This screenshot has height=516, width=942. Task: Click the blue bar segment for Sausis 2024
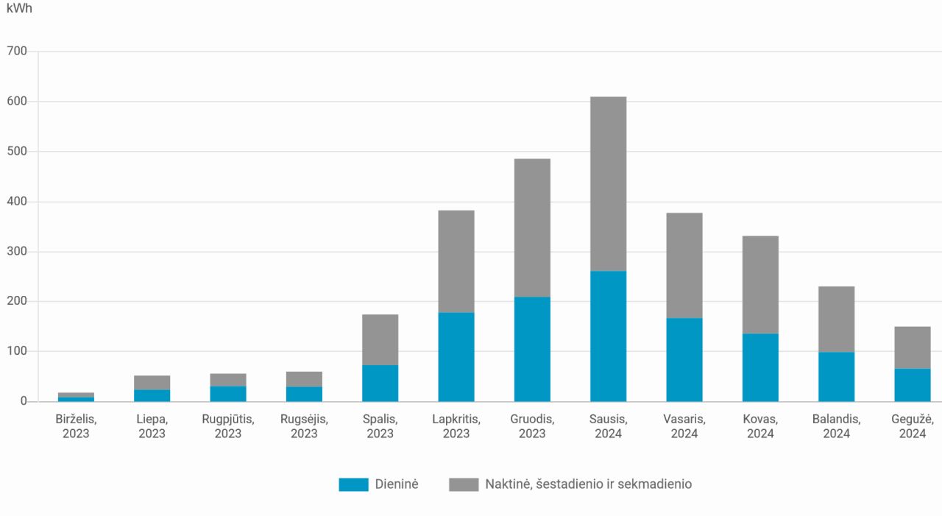pyautogui.click(x=608, y=336)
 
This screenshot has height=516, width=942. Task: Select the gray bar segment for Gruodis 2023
pyautogui.click(x=532, y=227)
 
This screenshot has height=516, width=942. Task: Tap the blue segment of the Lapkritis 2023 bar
pyautogui.click(x=456, y=357)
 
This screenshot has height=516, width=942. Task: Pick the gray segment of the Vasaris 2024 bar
pyautogui.click(x=684, y=265)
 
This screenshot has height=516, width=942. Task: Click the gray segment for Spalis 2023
pyautogui.click(x=380, y=339)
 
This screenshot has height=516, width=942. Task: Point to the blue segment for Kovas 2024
pyautogui.click(x=760, y=367)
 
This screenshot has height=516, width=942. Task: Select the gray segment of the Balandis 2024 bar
pyautogui.click(x=837, y=319)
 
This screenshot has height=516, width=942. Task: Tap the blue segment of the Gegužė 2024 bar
pyautogui.click(x=913, y=385)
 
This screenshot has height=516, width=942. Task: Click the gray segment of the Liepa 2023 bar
pyautogui.click(x=152, y=383)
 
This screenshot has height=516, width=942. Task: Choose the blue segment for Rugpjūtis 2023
pyautogui.click(x=228, y=394)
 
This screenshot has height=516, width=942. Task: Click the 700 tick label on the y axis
pyautogui.click(x=17, y=52)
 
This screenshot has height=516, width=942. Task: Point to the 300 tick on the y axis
pyautogui.click(x=17, y=252)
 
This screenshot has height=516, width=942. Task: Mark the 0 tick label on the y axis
pyautogui.click(x=24, y=401)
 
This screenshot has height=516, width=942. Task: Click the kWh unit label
pyautogui.click(x=19, y=9)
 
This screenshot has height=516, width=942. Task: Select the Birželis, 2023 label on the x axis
pyautogui.click(x=76, y=426)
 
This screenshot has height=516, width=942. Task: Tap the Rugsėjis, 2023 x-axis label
pyautogui.click(x=304, y=426)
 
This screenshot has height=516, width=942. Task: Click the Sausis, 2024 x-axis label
pyautogui.click(x=608, y=426)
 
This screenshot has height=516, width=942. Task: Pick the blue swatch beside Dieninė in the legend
pyautogui.click(x=353, y=484)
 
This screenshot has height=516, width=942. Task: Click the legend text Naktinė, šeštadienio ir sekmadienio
pyautogui.click(x=588, y=484)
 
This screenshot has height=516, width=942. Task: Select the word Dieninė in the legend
pyautogui.click(x=397, y=484)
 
